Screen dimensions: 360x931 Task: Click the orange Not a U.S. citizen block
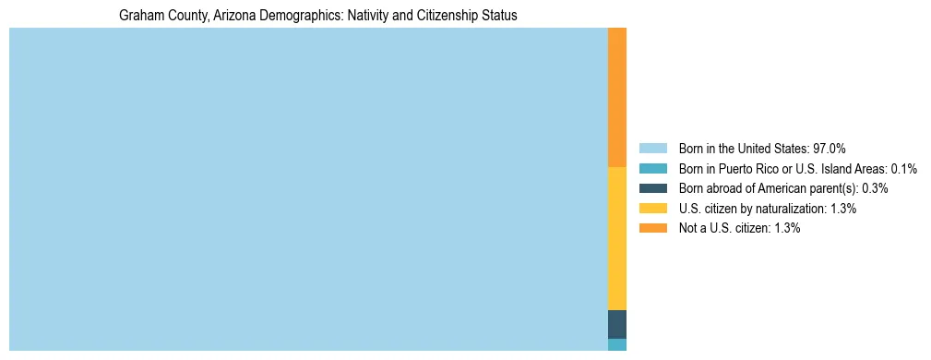pos(616,97)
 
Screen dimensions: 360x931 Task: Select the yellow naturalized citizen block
pos(616,238)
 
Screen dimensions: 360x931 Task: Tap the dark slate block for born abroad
pos(616,324)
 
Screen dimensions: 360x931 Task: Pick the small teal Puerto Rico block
pos(616,344)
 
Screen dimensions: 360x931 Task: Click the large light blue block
pos(308,189)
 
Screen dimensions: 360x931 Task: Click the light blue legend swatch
pos(652,149)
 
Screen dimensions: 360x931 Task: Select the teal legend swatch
pos(652,168)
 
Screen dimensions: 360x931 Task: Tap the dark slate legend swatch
pos(652,188)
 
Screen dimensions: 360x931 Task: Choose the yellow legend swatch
pos(652,209)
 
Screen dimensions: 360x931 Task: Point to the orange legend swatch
pos(652,228)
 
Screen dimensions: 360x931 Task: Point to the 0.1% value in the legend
pos(903,169)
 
